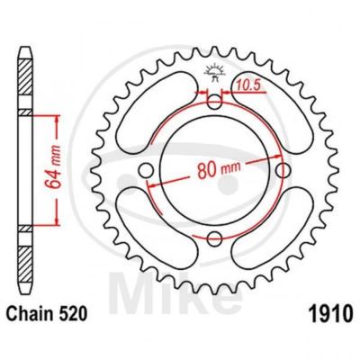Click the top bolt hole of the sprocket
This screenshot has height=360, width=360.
(x=214, y=103)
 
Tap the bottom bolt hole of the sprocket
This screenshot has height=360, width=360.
(x=214, y=239)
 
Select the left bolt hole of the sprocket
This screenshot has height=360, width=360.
(x=146, y=171)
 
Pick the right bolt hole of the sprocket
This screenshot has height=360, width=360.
(x=283, y=171)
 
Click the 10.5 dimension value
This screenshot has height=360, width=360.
(x=247, y=86)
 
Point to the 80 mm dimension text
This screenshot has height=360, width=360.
(x=219, y=170)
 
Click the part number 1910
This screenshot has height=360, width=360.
(x=329, y=312)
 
